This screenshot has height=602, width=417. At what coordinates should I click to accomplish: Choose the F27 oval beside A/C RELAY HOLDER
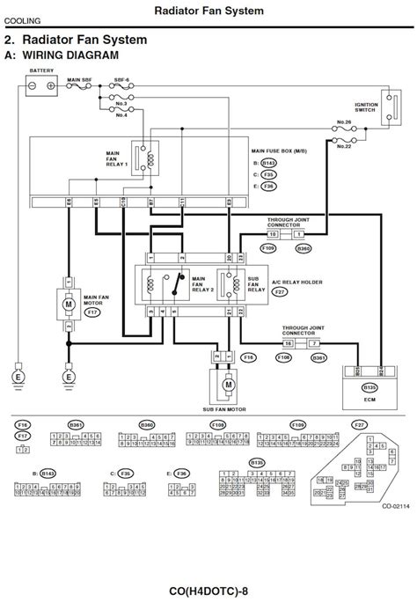pyautogui.click(x=280, y=291)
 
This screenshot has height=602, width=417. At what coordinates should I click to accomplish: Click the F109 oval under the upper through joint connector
pyautogui.click(x=270, y=249)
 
